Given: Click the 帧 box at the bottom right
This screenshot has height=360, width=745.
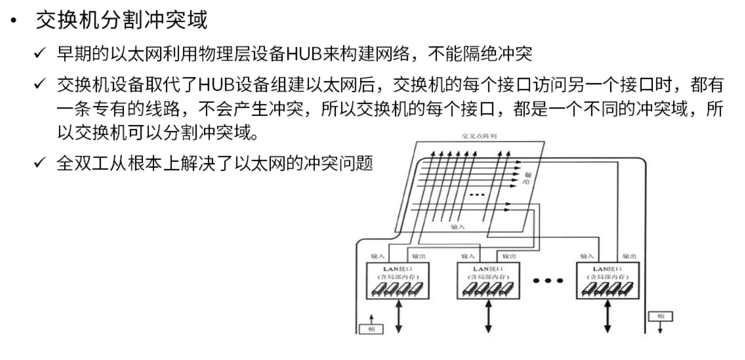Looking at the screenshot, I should coord(660,317).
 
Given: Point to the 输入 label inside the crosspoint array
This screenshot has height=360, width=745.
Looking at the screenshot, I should coord(457,226).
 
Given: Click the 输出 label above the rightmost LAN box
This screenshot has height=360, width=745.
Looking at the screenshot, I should coord(629,256).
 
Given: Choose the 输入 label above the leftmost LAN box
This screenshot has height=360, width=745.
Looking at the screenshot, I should coord(378,256).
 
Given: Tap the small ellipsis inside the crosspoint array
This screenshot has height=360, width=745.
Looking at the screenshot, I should coord(477,195).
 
